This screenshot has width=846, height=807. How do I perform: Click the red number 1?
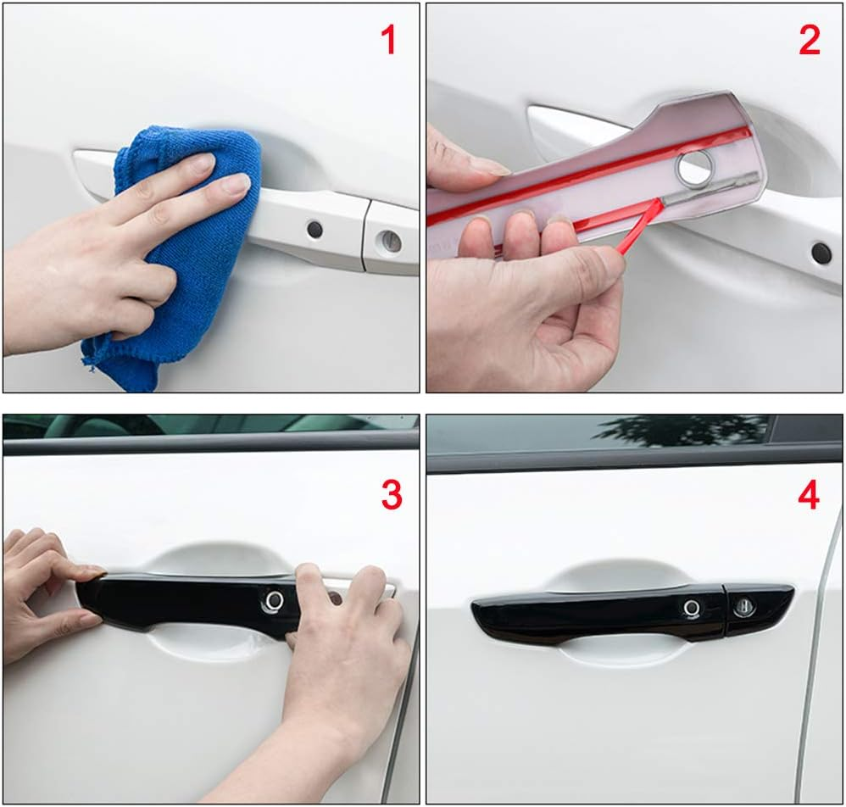(388, 40)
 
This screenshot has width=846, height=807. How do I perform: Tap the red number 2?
(810, 40)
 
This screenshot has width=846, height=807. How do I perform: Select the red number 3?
(391, 495)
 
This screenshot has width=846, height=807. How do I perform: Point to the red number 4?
(809, 495)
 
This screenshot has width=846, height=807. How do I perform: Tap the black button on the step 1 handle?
(314, 229)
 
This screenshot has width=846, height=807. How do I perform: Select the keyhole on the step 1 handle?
(389, 241)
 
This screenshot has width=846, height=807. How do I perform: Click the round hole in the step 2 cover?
(694, 167)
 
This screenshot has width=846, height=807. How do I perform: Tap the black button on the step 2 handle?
(821, 252)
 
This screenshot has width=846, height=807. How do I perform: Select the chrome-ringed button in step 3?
(274, 600)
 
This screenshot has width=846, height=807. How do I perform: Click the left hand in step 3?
(42, 585)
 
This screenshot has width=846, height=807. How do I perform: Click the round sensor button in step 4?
(692, 608)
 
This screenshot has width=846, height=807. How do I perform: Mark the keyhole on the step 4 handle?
(744, 605)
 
